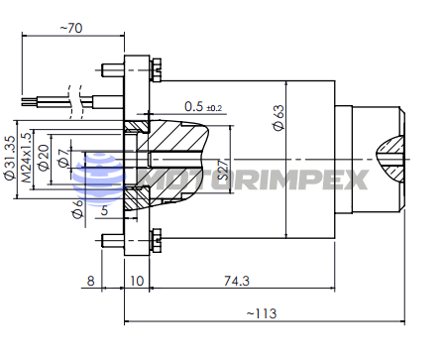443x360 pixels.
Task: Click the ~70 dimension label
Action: coord(71,28)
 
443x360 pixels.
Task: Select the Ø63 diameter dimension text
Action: coord(278,117)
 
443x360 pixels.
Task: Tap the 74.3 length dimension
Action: coord(237,281)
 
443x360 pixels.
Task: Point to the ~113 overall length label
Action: coord(262,313)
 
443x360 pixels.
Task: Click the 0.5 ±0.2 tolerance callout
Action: coord(203,107)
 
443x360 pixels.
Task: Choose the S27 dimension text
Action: coord(224,170)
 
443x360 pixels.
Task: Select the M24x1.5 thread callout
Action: coord(27,158)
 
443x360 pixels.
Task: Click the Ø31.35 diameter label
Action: coord(10,158)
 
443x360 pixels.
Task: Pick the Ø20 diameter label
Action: coord(44,158)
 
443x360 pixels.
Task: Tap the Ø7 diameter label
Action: coord(63,157)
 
